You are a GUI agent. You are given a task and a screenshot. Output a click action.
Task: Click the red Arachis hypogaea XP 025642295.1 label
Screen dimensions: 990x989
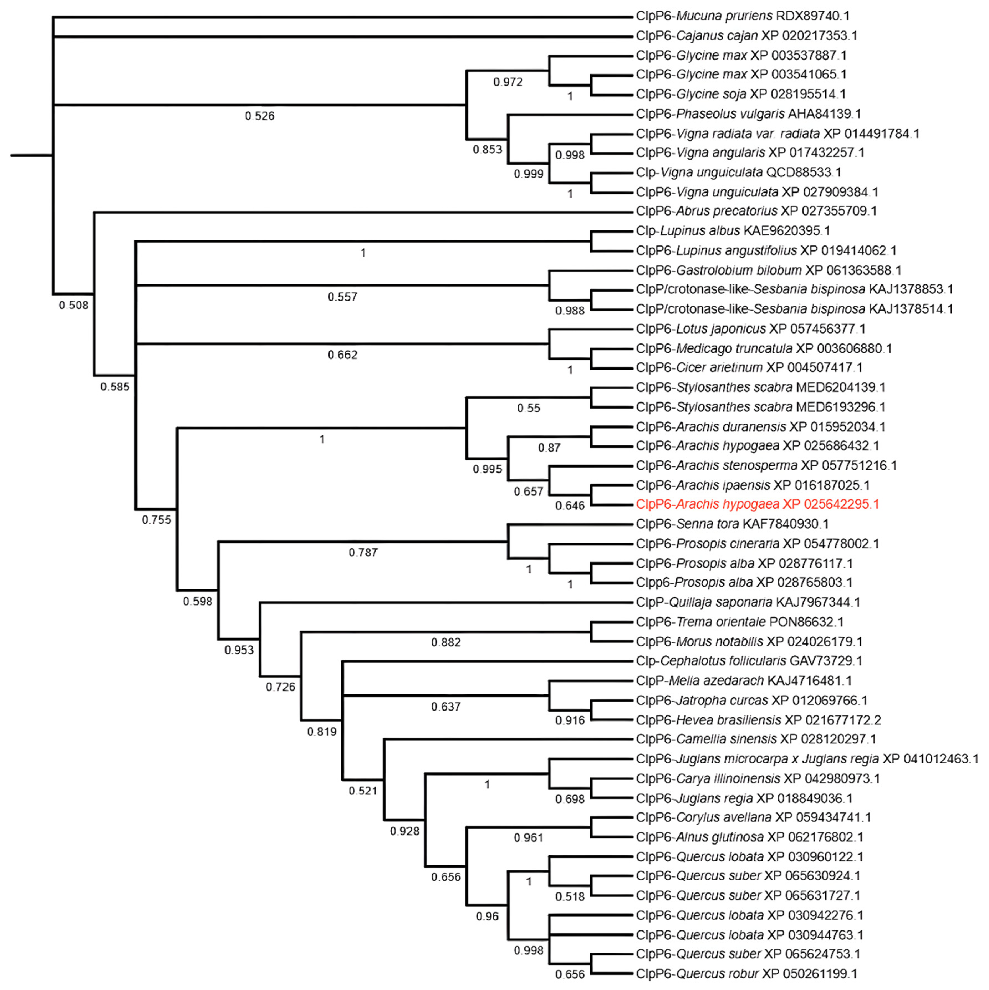point(757,504)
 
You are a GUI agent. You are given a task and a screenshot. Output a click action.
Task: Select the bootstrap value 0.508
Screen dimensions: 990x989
point(73,306)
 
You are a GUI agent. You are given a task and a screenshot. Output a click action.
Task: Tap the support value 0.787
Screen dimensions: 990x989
point(363,552)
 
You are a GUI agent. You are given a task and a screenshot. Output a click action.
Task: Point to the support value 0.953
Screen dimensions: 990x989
point(239,650)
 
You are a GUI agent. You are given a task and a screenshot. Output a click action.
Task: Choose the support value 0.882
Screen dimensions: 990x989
point(445,643)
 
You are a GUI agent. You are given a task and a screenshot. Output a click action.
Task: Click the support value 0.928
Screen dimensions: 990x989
point(404,831)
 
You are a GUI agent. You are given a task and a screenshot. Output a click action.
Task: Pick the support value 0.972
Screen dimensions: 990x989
point(508,82)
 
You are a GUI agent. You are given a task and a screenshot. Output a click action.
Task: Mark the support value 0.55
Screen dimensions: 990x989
point(528,408)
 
